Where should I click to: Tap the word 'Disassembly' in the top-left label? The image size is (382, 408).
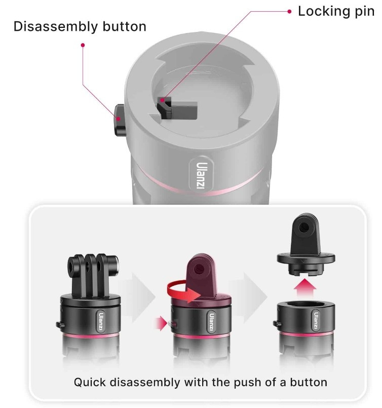(x=56, y=26)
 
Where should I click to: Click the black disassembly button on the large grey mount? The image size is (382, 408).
(x=120, y=120)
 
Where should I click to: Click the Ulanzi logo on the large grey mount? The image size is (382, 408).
(x=202, y=176)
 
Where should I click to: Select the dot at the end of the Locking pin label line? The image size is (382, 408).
(x=289, y=12)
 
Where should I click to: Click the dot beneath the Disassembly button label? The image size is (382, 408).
(x=83, y=45)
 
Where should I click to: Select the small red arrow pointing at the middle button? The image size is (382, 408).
(x=161, y=323)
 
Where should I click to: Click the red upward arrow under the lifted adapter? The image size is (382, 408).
(x=305, y=287)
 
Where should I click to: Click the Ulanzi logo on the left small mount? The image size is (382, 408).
(x=101, y=321)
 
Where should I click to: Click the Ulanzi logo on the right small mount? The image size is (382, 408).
(x=316, y=320)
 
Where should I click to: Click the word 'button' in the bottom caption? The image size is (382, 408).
(x=309, y=382)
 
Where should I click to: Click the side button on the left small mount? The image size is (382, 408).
(x=60, y=324)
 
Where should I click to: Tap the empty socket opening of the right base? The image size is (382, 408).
(x=306, y=305)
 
